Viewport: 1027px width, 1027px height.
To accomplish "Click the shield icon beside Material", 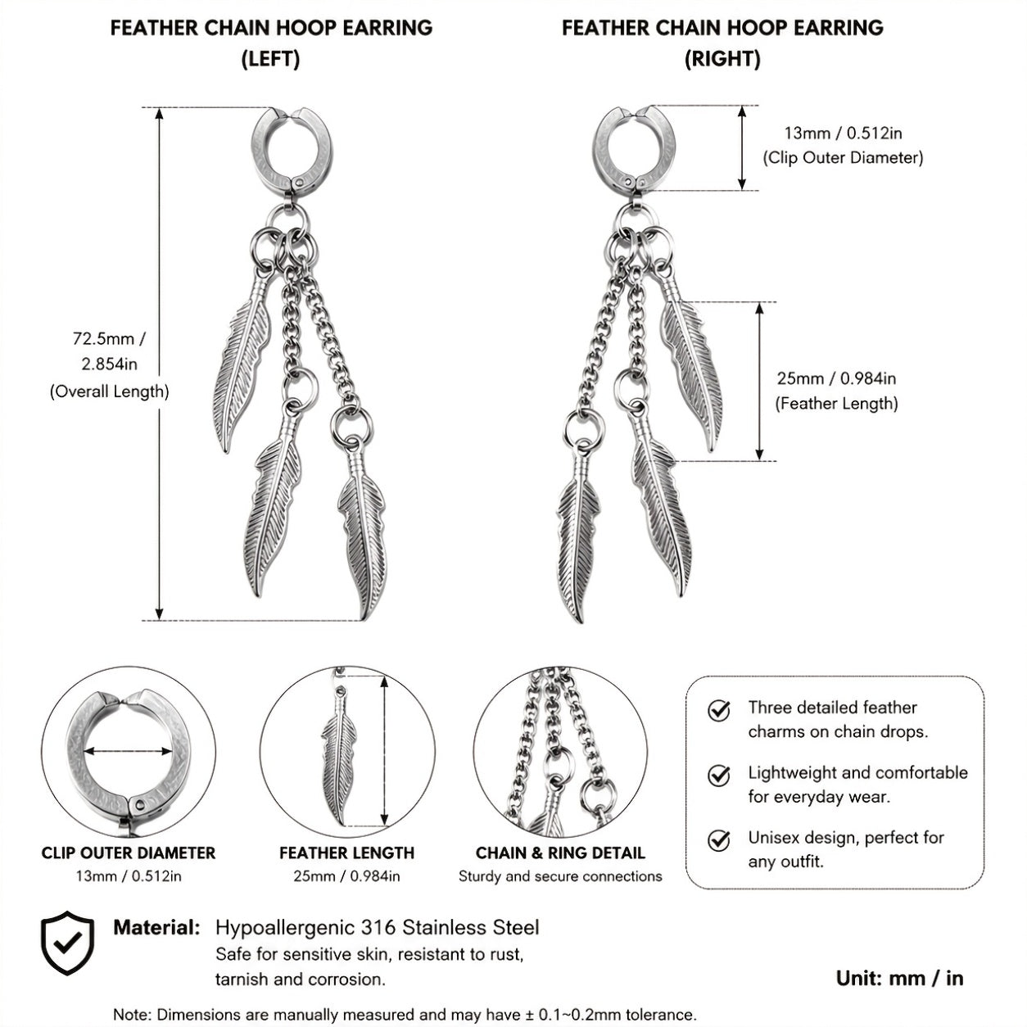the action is click(x=67, y=943).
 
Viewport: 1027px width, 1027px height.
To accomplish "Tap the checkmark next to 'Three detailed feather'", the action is click(x=718, y=710).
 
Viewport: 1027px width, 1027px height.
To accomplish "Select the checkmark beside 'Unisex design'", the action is click(x=718, y=840).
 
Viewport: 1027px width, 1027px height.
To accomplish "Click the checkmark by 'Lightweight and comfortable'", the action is click(x=718, y=776).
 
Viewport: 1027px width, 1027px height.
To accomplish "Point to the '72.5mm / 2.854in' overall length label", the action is click(x=109, y=351).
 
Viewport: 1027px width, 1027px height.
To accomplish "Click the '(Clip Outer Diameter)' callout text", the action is click(x=843, y=158).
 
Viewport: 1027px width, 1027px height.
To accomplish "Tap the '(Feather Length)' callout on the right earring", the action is click(x=836, y=404).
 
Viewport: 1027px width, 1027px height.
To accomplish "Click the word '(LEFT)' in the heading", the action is click(x=271, y=59).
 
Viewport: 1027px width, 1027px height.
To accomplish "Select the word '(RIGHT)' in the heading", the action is click(x=722, y=59).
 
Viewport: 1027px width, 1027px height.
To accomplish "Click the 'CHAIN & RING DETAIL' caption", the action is click(x=560, y=853).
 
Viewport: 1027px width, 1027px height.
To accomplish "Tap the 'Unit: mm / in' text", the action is click(x=899, y=979).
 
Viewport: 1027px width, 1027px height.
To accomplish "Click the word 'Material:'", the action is click(x=156, y=928).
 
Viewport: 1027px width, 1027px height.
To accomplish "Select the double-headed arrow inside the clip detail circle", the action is click(x=128, y=752).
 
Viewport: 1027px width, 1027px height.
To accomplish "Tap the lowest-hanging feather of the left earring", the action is click(x=363, y=533).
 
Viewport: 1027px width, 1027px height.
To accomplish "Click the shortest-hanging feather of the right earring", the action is click(x=691, y=363).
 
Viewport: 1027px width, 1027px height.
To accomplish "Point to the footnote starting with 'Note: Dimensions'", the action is click(x=405, y=1014).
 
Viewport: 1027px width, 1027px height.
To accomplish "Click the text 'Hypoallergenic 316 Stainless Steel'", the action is click(x=378, y=928).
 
